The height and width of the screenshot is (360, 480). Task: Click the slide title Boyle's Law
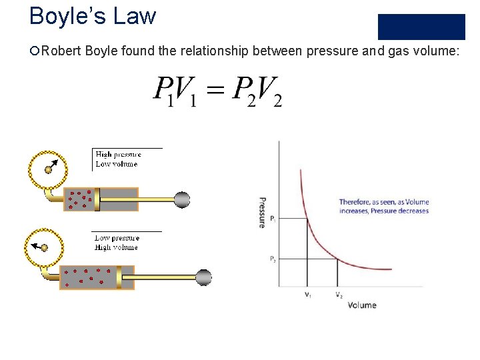pyautogui.click(x=93, y=15)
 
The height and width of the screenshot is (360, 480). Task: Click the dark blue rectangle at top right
pyautogui.click(x=421, y=27)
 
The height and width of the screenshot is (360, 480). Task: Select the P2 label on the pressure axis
pyautogui.click(x=273, y=259)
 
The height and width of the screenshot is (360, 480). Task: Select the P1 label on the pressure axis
pyautogui.click(x=273, y=218)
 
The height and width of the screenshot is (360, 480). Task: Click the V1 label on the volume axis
pyautogui.click(x=307, y=295)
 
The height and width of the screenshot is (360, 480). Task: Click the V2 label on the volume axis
pyautogui.click(x=339, y=295)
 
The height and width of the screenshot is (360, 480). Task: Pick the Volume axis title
pyautogui.click(x=362, y=305)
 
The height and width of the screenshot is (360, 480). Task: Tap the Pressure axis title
pyautogui.click(x=262, y=213)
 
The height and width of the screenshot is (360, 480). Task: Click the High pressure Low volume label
pyautogui.click(x=118, y=159)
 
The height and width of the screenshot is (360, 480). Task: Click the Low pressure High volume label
pyautogui.click(x=117, y=242)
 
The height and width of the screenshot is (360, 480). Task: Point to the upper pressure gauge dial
pyautogui.click(x=47, y=168)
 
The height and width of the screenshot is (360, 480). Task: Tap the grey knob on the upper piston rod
pyautogui.click(x=182, y=199)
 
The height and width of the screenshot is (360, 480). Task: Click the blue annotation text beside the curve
pyautogui.click(x=384, y=206)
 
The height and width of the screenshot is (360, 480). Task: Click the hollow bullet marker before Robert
pyautogui.click(x=35, y=52)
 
